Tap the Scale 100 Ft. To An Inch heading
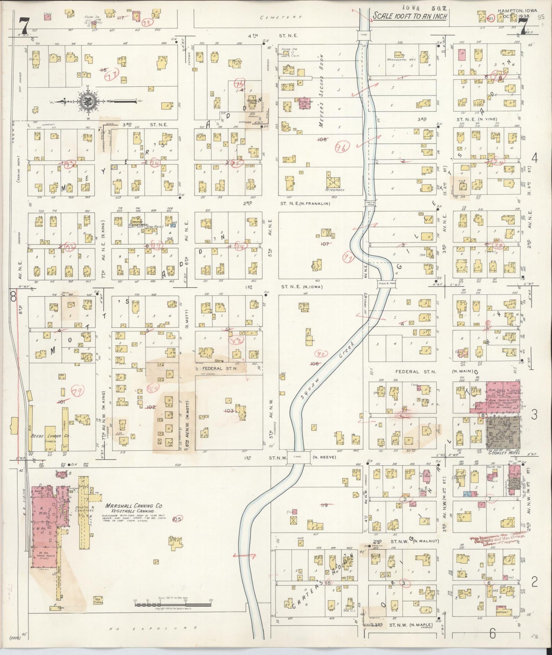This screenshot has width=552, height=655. point(410,16)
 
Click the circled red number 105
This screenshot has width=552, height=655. point(177,519)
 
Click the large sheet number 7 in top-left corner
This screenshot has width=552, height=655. point(24,26)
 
